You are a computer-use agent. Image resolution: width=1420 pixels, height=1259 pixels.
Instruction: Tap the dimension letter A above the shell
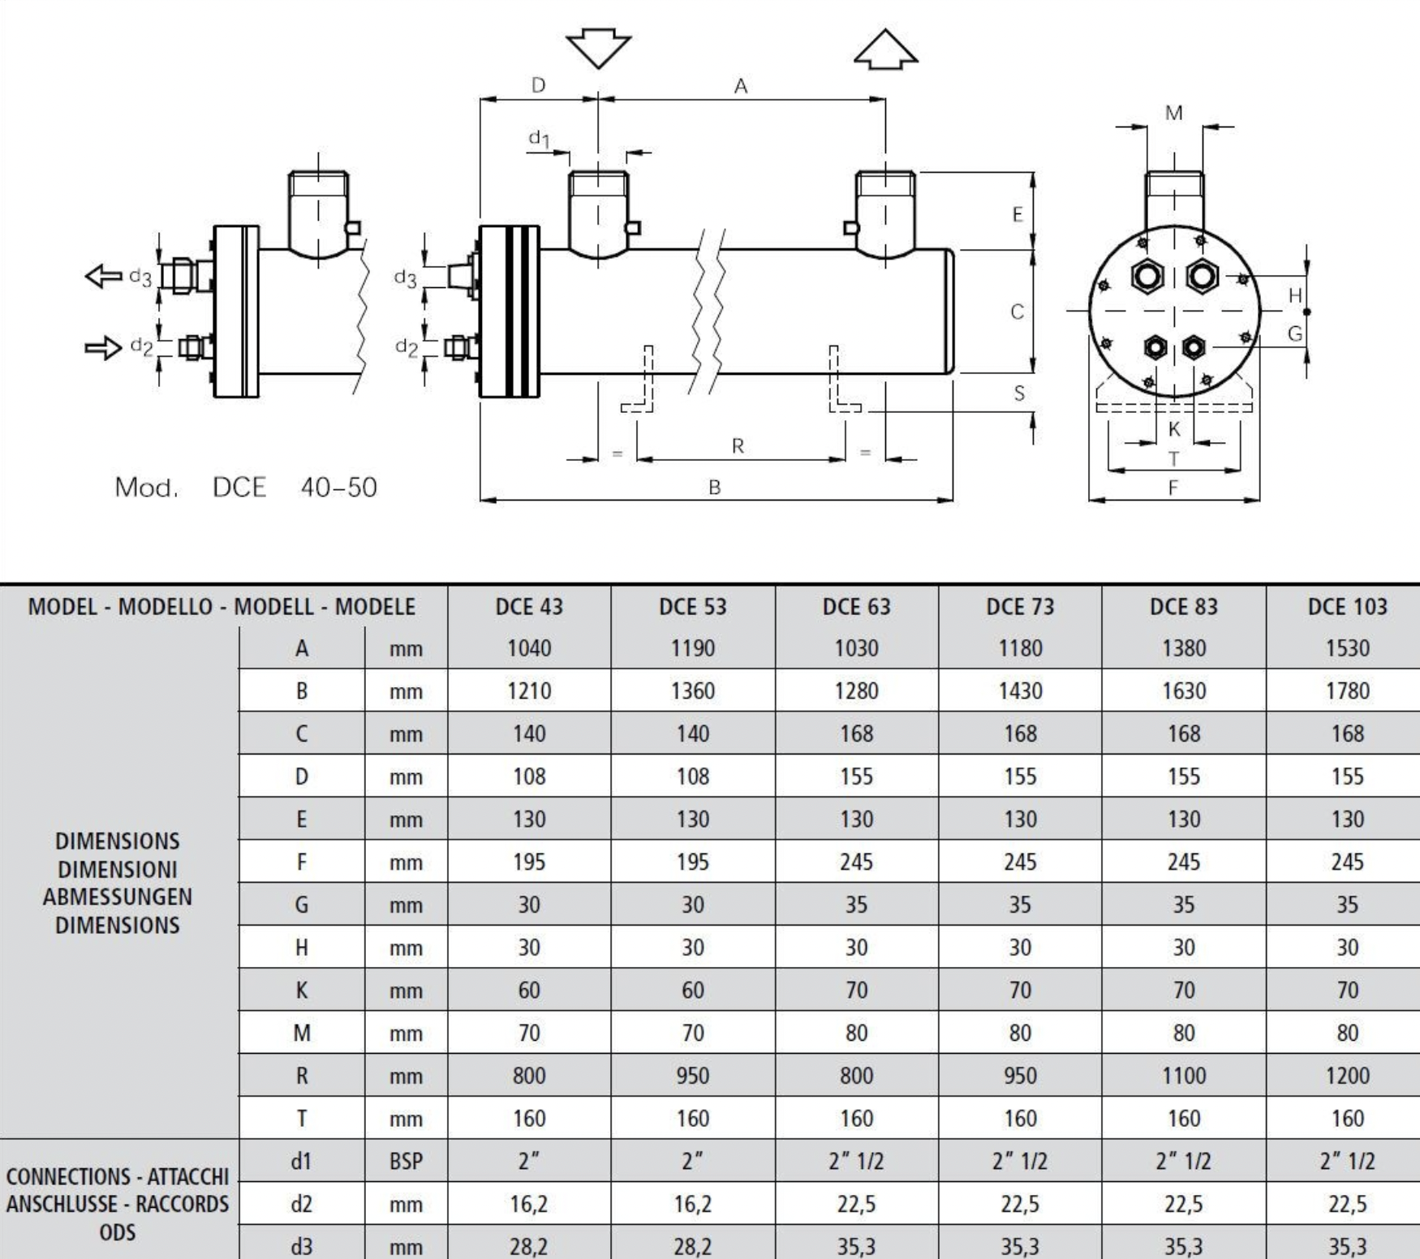pyautogui.click(x=740, y=86)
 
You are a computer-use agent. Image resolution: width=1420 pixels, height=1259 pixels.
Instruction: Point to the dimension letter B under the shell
pyautogui.click(x=714, y=488)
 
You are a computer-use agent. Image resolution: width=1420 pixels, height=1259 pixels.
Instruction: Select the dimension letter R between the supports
pyautogui.click(x=738, y=445)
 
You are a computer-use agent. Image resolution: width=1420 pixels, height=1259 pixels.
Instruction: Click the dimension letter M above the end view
pyautogui.click(x=1173, y=114)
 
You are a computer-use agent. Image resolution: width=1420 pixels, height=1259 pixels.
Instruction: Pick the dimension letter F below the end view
pyautogui.click(x=1173, y=488)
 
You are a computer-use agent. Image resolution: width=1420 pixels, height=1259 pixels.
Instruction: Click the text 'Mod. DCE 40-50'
pyautogui.click(x=246, y=488)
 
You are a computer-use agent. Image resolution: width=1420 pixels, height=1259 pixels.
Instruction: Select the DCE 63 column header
pyautogui.click(x=856, y=607)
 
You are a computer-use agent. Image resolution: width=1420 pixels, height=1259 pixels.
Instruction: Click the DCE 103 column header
pyautogui.click(x=1347, y=607)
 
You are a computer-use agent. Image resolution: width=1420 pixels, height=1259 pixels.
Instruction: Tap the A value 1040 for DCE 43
pyautogui.click(x=529, y=648)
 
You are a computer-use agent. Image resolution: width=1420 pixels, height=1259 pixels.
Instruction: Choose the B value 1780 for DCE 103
pyautogui.click(x=1347, y=691)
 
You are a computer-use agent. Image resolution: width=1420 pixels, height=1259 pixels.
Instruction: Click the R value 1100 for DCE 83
pyautogui.click(x=1183, y=1076)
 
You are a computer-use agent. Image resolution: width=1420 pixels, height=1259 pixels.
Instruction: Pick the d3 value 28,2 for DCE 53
pyautogui.click(x=692, y=1246)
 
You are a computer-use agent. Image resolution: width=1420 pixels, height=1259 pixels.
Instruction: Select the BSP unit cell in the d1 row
pyautogui.click(x=406, y=1162)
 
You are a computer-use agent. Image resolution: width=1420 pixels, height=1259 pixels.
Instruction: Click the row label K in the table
pyautogui.click(x=301, y=990)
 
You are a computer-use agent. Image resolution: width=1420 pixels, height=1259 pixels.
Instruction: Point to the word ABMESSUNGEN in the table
pyautogui.click(x=118, y=897)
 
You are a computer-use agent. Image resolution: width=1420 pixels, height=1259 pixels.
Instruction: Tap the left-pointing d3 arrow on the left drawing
pyautogui.click(x=105, y=276)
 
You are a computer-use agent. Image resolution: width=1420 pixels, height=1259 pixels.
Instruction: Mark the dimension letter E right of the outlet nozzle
pyautogui.click(x=1017, y=215)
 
